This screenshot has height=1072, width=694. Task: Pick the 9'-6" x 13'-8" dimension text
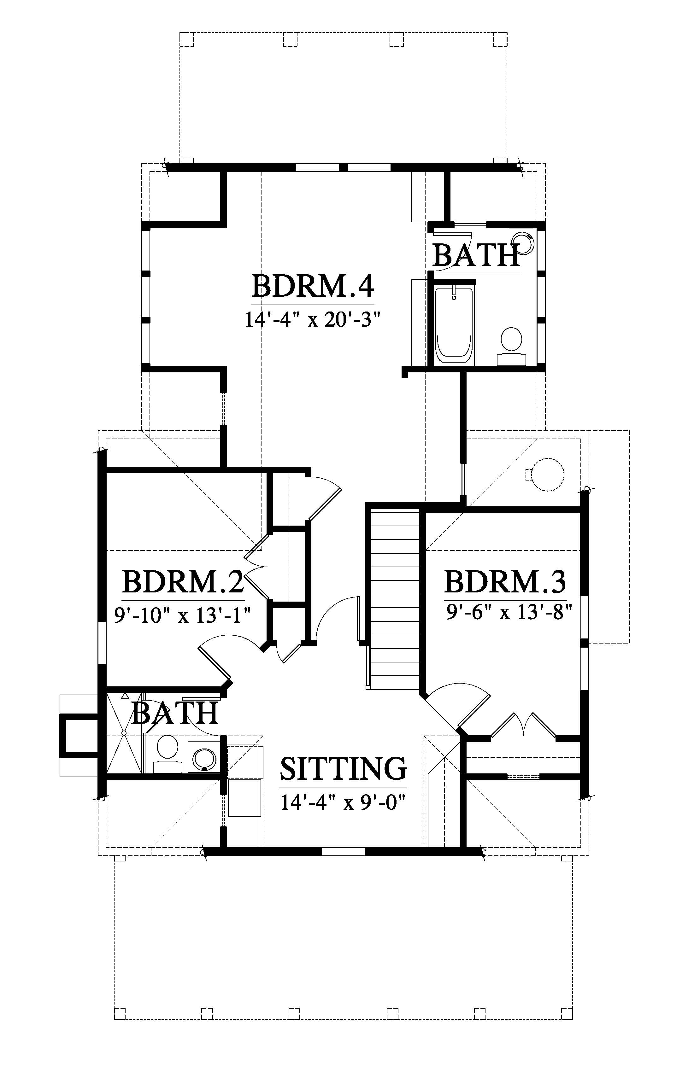point(509,612)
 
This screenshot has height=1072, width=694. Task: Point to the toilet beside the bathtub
point(511,345)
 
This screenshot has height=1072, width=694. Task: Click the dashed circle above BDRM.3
point(548,474)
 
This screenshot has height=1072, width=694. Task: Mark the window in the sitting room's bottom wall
point(344,852)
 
